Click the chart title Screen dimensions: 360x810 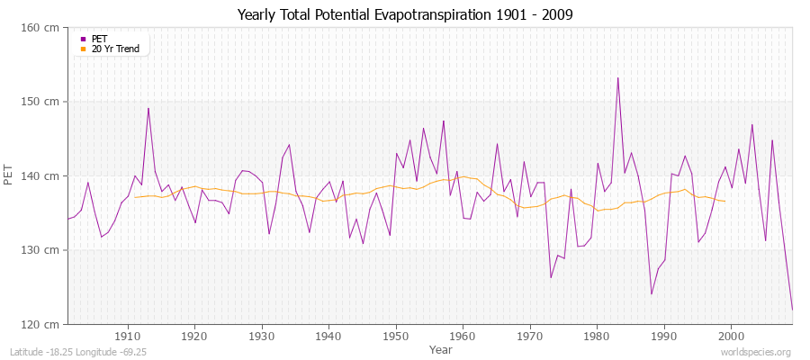coord(404,15)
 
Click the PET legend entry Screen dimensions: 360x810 coord(99,39)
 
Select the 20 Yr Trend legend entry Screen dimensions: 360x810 coord(115,49)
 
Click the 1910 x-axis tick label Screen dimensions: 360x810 coord(127,337)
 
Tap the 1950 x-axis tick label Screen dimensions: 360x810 coord(395,337)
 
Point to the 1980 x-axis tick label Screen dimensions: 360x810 coord(597,337)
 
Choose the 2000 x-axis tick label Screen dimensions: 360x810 coord(731,337)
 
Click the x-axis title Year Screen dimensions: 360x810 coord(441,348)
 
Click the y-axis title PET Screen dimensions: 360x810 coord(10,175)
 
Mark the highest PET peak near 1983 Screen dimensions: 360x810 coord(617,77)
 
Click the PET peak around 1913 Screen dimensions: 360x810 coord(148,108)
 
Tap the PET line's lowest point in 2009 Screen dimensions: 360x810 coord(792,310)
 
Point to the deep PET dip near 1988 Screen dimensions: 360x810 coord(652,293)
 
